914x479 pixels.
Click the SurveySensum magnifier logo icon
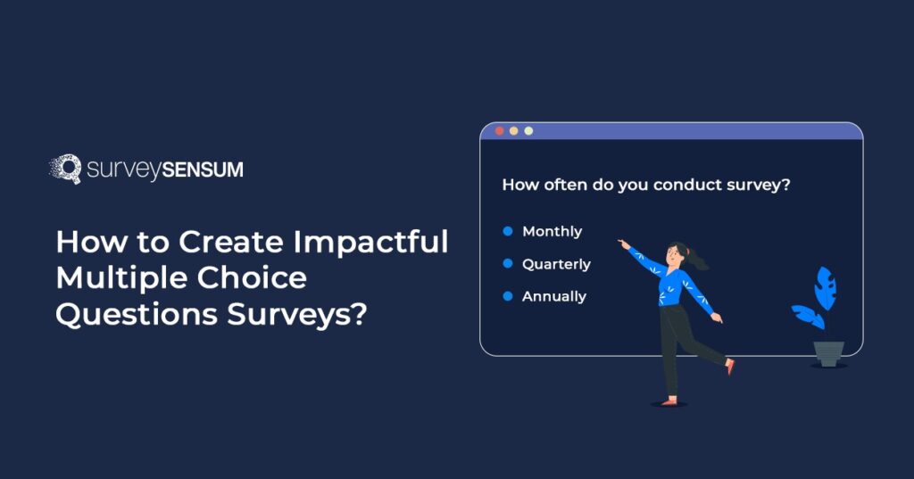tap(65, 169)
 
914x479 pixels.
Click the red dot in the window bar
tap(499, 131)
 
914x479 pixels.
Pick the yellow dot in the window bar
tap(513, 131)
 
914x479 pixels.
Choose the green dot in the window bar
tap(528, 131)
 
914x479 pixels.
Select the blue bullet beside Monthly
tap(507, 231)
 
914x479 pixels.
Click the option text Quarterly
tap(556, 264)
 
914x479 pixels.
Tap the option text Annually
tap(553, 296)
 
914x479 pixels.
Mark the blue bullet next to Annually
tap(507, 296)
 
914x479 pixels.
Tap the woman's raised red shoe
tap(730, 366)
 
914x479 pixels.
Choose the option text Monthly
tap(552, 231)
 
